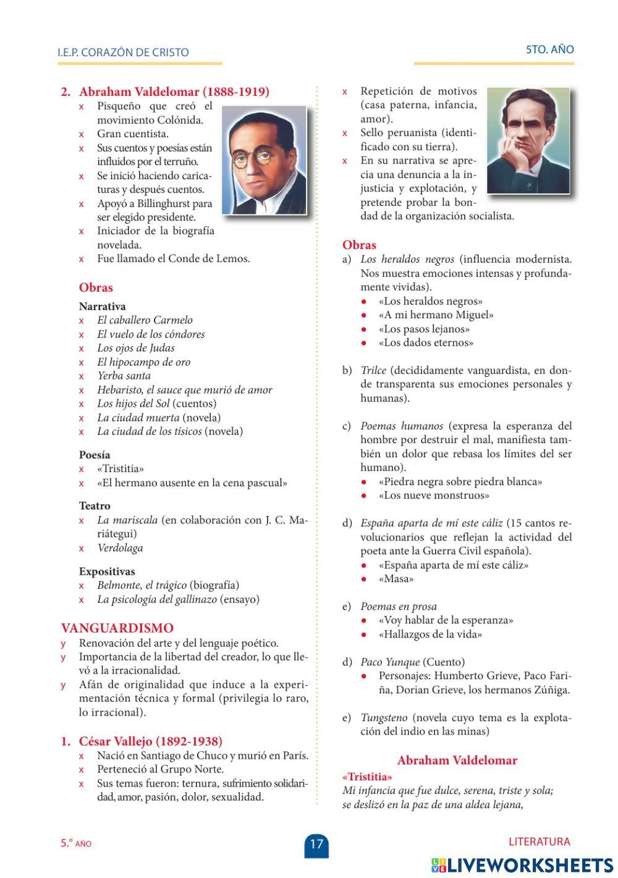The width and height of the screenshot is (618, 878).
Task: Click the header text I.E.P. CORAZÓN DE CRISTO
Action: pos(123,53)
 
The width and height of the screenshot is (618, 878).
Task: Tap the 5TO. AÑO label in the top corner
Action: pos(549,49)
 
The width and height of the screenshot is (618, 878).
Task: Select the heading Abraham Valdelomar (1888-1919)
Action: pos(174,92)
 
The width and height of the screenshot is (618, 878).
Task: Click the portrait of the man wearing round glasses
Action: pos(264,160)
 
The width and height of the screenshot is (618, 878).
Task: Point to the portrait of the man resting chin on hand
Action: pos(528,140)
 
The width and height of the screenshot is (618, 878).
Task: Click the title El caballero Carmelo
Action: pos(145,320)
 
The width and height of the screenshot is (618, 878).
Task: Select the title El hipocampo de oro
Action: pos(143,362)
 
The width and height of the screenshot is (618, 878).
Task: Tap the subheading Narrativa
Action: pos(102,306)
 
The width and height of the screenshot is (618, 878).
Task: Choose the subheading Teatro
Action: pos(95,506)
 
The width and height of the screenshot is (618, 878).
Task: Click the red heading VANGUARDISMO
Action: pos(117,628)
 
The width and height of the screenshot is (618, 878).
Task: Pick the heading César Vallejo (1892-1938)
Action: pos(150,741)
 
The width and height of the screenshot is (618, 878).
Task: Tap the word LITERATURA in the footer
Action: pos(539,842)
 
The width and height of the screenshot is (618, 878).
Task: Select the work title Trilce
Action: pos(373,371)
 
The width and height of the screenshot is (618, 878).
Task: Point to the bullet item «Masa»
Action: pos(396,579)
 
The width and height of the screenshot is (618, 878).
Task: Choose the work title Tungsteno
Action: pos(384,718)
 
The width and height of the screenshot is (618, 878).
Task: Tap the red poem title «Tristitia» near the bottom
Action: pos(367,777)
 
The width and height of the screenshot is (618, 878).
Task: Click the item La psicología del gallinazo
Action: pos(157,599)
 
